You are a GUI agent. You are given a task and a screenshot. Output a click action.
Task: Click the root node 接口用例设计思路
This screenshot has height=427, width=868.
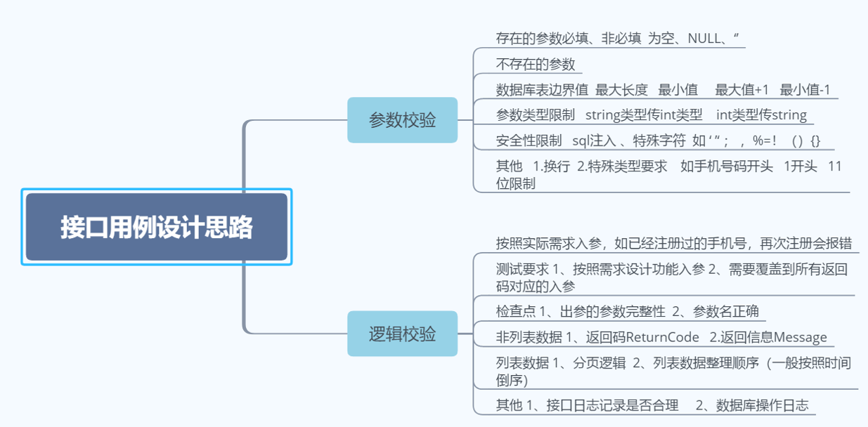[156, 228]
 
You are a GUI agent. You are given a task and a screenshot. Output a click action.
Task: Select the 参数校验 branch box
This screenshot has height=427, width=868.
[402, 120]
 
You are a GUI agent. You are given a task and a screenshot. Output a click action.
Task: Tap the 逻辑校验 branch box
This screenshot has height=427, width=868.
[402, 334]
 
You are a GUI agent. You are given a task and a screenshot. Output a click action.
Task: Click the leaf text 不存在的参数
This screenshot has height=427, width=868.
[536, 64]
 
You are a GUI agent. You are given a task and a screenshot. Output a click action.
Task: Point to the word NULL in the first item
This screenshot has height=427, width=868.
[705, 38]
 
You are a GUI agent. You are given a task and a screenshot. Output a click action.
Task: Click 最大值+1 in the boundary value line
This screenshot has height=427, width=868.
[742, 89]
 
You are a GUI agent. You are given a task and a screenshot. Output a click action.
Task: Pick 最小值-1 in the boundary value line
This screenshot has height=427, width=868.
[805, 89]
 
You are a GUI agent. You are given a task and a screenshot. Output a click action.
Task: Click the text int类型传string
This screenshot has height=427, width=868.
[761, 114]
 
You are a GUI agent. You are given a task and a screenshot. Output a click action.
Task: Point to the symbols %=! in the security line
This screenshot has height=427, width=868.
[765, 140]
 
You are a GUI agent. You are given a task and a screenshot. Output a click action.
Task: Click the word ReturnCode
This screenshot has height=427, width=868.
[663, 337]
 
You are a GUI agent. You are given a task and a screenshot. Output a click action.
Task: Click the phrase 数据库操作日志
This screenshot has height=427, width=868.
[762, 405]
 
